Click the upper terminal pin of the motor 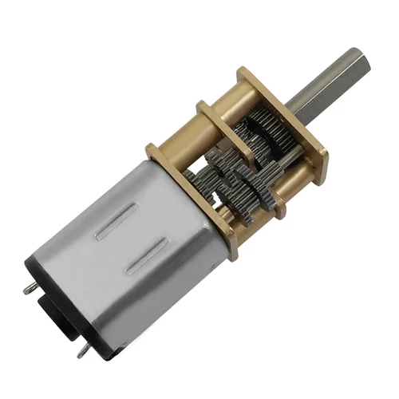(x=30, y=288)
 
